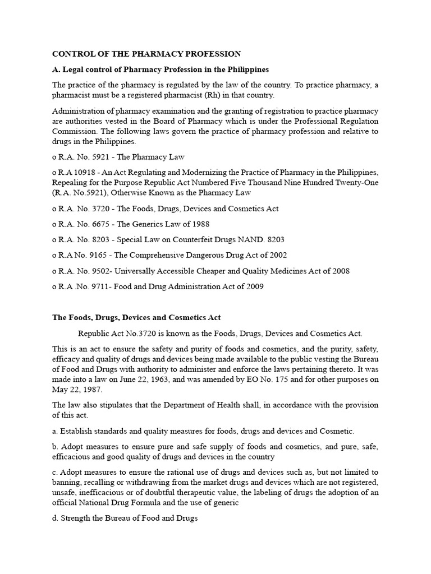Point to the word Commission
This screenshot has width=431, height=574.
(74, 131)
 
